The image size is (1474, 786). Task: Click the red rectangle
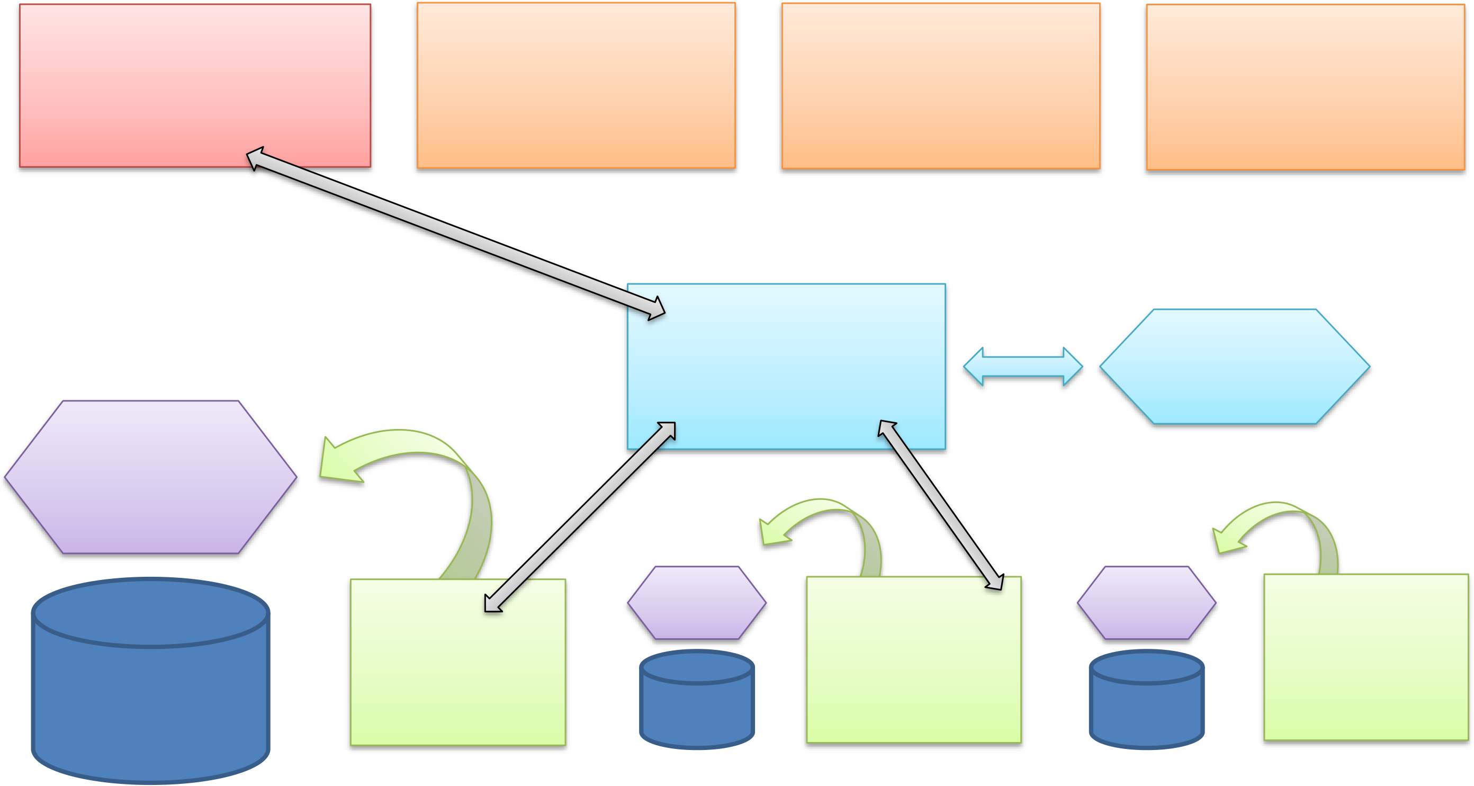172,75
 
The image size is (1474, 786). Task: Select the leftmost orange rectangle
576,85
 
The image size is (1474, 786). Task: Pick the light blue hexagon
1234,367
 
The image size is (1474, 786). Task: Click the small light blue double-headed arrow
1022,367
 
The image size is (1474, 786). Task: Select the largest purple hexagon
150,477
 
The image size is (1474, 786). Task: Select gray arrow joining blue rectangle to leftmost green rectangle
580,517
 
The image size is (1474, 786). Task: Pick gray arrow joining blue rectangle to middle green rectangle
941,505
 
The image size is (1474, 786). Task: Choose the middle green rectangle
913,670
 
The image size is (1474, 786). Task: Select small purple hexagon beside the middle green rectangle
696,602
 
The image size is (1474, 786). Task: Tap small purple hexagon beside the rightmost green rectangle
1146,602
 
